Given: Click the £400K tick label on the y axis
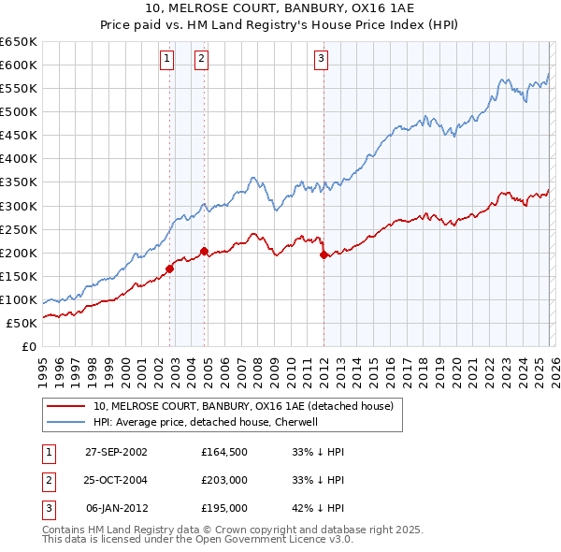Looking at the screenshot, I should click(x=19, y=158).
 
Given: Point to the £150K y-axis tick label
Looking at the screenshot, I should click(x=19, y=276).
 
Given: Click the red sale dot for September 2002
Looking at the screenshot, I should click(x=170, y=269).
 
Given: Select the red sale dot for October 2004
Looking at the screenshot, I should click(x=204, y=251).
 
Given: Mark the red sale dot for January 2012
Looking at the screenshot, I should click(x=324, y=254).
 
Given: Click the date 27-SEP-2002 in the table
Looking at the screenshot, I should click(x=116, y=451).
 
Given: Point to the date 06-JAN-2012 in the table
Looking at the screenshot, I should click(x=116, y=508).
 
